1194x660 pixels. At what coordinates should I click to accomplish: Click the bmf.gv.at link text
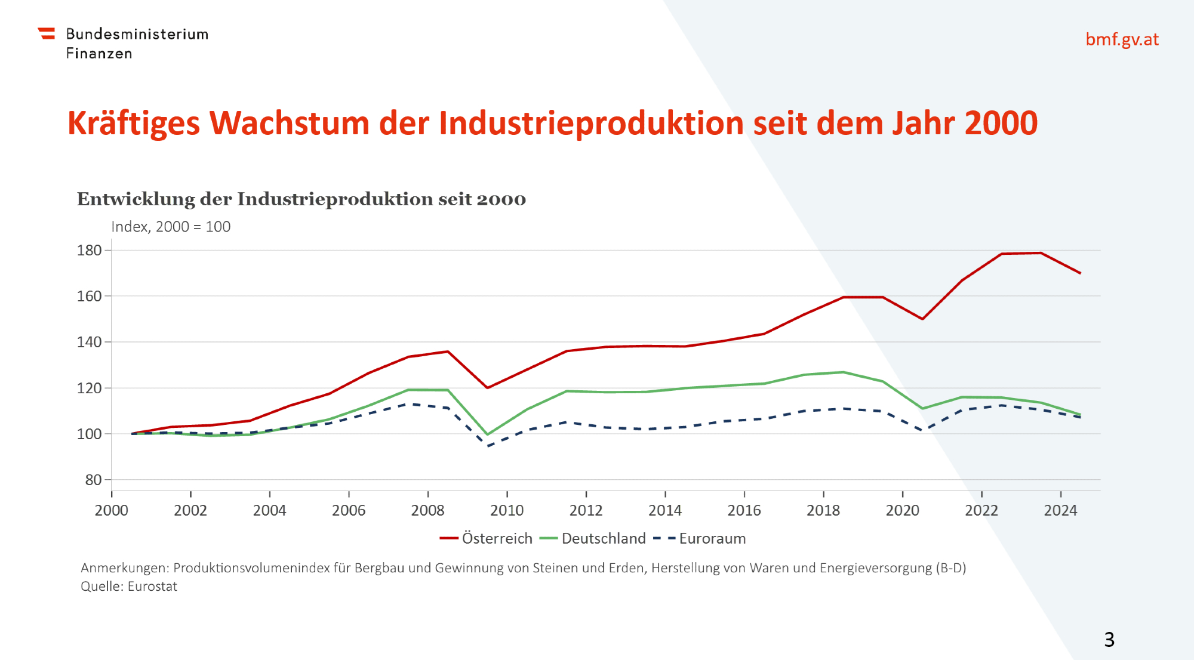[x=1122, y=39]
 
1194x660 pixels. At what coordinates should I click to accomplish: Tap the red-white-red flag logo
[x=47, y=33]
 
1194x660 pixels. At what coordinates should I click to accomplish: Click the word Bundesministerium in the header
[x=137, y=34]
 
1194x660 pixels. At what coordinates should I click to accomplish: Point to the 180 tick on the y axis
[x=90, y=251]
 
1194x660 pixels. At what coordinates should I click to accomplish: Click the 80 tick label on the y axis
[x=93, y=480]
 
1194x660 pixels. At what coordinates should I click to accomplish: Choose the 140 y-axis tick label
[x=90, y=342]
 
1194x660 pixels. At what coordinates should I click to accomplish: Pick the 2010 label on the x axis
[x=507, y=510]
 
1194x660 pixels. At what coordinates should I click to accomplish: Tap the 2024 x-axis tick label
[x=1060, y=510]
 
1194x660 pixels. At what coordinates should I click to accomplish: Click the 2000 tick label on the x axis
[x=112, y=510]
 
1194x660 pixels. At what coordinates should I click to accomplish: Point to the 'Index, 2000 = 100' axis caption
[x=171, y=227]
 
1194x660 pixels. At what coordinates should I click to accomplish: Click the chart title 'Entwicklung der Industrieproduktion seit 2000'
[x=301, y=199]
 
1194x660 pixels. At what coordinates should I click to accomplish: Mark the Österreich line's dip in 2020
[x=922, y=319]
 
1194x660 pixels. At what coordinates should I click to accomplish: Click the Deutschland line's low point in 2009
[x=487, y=434]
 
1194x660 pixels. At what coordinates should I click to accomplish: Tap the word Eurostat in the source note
[x=152, y=586]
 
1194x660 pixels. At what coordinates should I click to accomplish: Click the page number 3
[x=1109, y=640]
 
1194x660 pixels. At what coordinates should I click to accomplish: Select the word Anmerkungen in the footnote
[x=125, y=568]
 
